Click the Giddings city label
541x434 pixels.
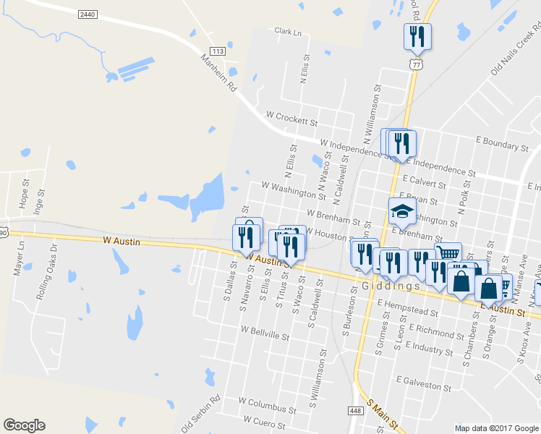387,286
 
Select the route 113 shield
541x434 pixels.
218,51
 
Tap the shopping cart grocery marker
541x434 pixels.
448,254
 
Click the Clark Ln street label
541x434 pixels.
286,31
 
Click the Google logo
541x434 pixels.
24,425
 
